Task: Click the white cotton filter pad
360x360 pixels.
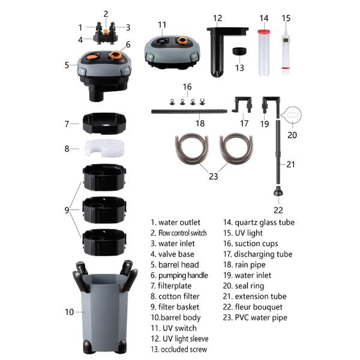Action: pyautogui.click(x=104, y=148)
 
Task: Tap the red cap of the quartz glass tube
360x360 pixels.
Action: pyautogui.click(x=264, y=32)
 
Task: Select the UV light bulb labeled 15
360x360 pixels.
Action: pyautogui.click(x=286, y=52)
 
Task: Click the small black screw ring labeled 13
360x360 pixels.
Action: pyautogui.click(x=239, y=51)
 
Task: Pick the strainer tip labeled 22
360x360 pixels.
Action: pyautogui.click(x=278, y=191)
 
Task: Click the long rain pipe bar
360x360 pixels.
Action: pyautogui.click(x=189, y=112)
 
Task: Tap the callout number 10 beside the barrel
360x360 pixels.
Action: pyautogui.click(x=70, y=312)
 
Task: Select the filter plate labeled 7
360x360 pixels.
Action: pyautogui.click(x=104, y=123)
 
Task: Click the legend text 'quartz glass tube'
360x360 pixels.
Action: pyautogui.click(x=265, y=223)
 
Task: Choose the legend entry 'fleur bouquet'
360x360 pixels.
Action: pyautogui.click(x=259, y=307)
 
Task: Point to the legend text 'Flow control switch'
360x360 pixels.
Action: pyautogui.click(x=182, y=233)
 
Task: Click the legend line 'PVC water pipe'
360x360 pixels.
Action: pyautogui.click(x=261, y=317)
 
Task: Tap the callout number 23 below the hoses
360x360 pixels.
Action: pyautogui.click(x=213, y=176)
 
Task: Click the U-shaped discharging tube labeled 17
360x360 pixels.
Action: pyautogui.click(x=242, y=104)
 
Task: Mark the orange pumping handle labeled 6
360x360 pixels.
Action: pyautogui.click(x=116, y=55)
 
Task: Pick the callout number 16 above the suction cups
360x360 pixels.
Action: pyautogui.click(x=187, y=87)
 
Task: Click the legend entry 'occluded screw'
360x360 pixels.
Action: pyautogui.click(x=184, y=349)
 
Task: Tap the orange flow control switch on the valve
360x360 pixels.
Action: pyautogui.click(x=106, y=32)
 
